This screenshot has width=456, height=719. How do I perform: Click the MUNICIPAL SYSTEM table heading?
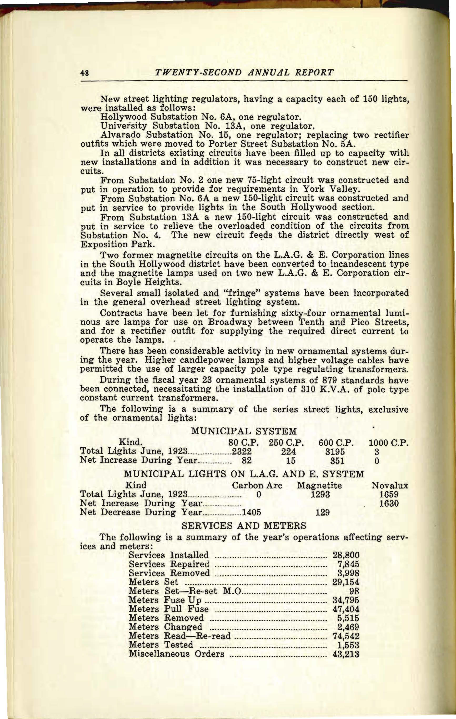click(244, 431)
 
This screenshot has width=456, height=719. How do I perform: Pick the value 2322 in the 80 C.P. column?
click(242, 451)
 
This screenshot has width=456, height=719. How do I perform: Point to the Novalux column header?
click(390, 486)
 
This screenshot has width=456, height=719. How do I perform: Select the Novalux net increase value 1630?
click(389, 504)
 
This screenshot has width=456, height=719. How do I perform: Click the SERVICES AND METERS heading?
click(244, 526)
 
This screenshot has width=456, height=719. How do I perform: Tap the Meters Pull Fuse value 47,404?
click(346, 609)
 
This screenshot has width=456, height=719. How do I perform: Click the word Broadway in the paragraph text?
click(230, 322)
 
